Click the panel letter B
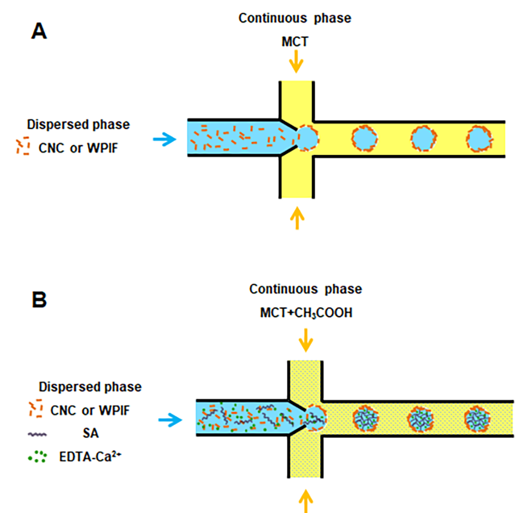39,300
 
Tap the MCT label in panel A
295,42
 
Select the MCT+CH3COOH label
306,312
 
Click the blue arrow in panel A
164,140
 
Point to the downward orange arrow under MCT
296,64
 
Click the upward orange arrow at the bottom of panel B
306,499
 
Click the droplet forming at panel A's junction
307,138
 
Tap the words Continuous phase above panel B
305,289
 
